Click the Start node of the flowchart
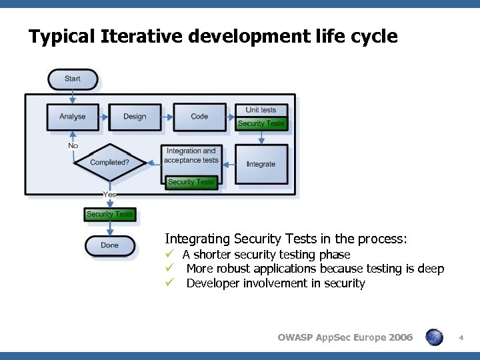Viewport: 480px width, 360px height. coord(73,79)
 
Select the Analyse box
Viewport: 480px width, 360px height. coord(73,117)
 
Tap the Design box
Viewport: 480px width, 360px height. coord(135,117)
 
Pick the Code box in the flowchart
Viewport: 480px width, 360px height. coord(199,117)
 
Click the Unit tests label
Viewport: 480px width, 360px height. coord(261,110)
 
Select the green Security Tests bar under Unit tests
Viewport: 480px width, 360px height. coord(261,123)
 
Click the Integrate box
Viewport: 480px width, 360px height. coord(261,164)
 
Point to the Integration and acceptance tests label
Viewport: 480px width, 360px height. coord(191,155)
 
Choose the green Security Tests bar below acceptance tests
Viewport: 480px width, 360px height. coord(191,182)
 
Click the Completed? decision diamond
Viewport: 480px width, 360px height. coord(109,162)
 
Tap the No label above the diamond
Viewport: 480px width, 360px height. coord(73,145)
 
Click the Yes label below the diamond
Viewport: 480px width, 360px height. coord(109,194)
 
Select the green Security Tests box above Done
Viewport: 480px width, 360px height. coord(110,214)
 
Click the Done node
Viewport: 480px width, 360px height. coord(110,245)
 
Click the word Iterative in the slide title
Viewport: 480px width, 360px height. coord(141,36)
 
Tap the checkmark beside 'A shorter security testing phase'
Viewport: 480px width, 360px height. coord(170,254)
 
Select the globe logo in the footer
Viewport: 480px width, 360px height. coord(434,337)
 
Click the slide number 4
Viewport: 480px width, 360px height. coord(461,338)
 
